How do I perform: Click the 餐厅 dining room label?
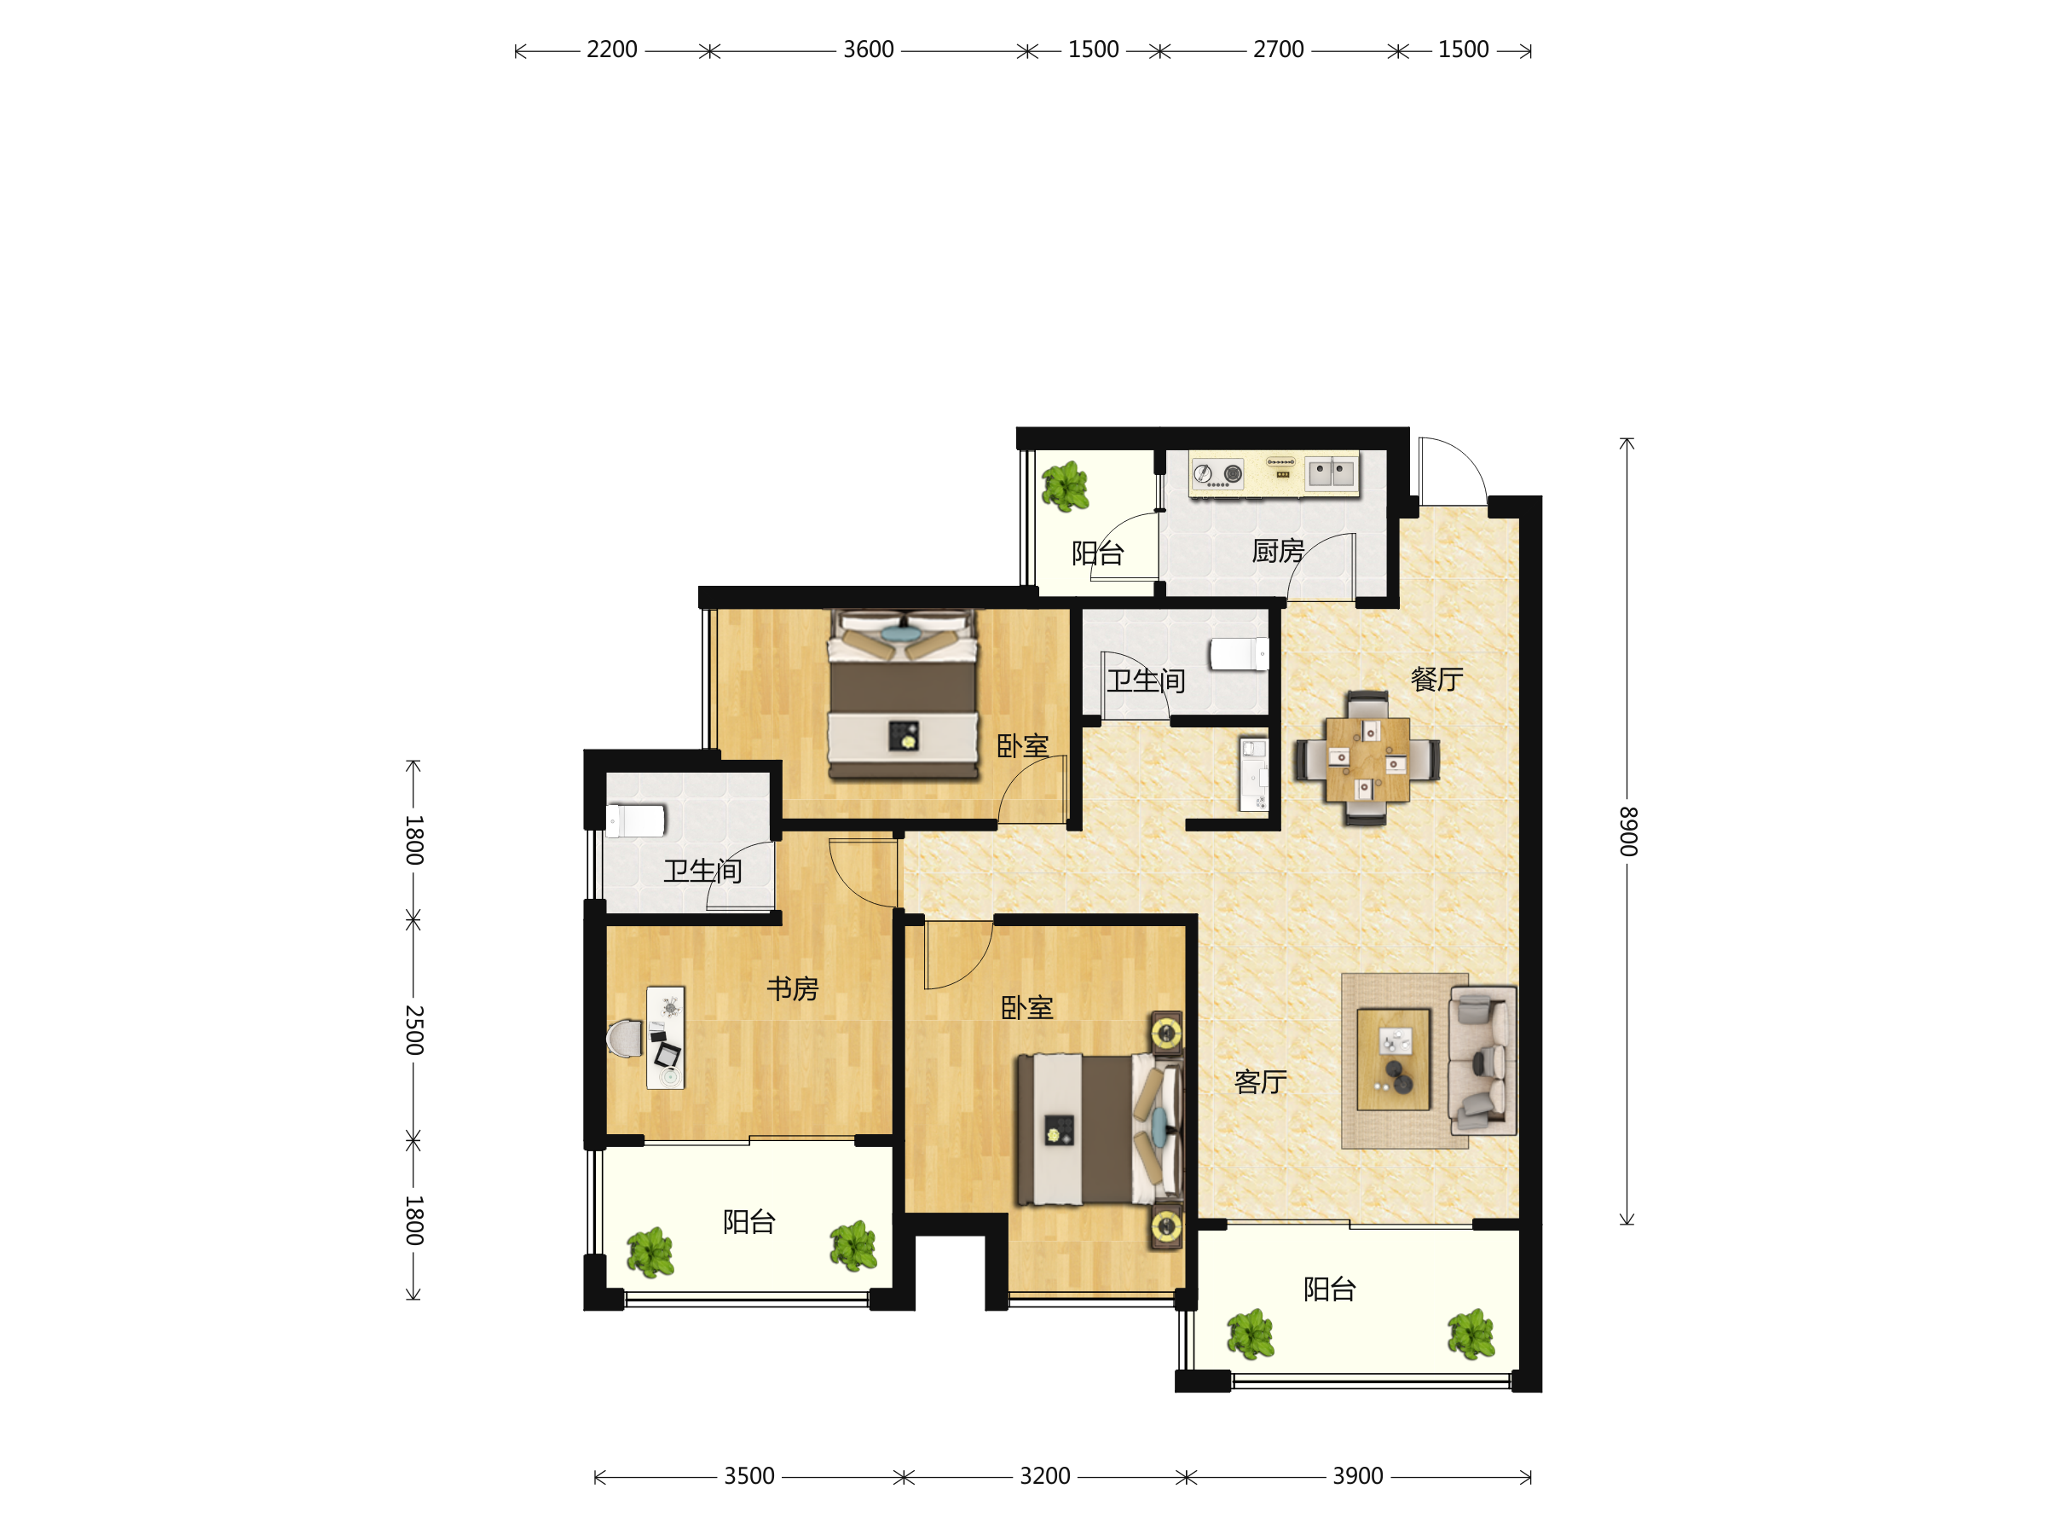pos(1436,680)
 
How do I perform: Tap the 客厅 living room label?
pos(1261,1081)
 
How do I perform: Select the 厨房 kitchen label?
pos(1278,552)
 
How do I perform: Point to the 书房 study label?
pos(793,989)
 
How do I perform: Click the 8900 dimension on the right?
pos(1629,831)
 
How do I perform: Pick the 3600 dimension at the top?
pos(869,49)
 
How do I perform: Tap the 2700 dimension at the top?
pos(1278,49)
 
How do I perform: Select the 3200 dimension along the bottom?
pos(1045,1476)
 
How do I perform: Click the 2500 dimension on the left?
pos(414,1030)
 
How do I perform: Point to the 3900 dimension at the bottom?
pos(1358,1476)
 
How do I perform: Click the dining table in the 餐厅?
pos(1367,760)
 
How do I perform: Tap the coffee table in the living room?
pos(1393,1059)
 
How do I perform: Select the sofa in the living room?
pos(1482,1060)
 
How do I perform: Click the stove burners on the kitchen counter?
pos(1217,475)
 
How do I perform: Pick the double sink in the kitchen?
pos(1331,472)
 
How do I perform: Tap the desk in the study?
pos(665,1038)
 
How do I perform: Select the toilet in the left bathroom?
pos(634,820)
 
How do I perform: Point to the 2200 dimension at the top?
pos(612,49)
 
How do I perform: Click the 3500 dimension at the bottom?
pos(749,1476)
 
